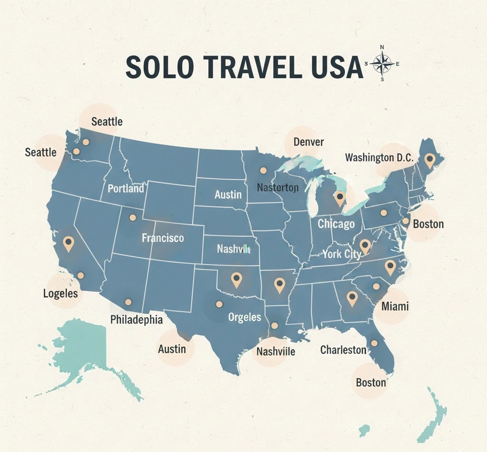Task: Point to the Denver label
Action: click(x=308, y=142)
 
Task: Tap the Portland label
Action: click(x=126, y=188)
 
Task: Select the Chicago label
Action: click(x=336, y=223)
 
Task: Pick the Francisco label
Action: click(x=163, y=238)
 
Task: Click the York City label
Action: click(x=341, y=254)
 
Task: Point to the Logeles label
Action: click(x=60, y=293)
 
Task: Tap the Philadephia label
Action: click(x=136, y=319)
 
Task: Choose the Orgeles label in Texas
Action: click(x=244, y=317)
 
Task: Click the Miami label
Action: click(x=395, y=306)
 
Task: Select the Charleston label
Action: click(x=343, y=350)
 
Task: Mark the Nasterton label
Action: click(x=277, y=187)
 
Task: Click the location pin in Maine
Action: click(x=430, y=160)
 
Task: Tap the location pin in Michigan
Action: click(x=340, y=198)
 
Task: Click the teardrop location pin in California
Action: click(x=69, y=244)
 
